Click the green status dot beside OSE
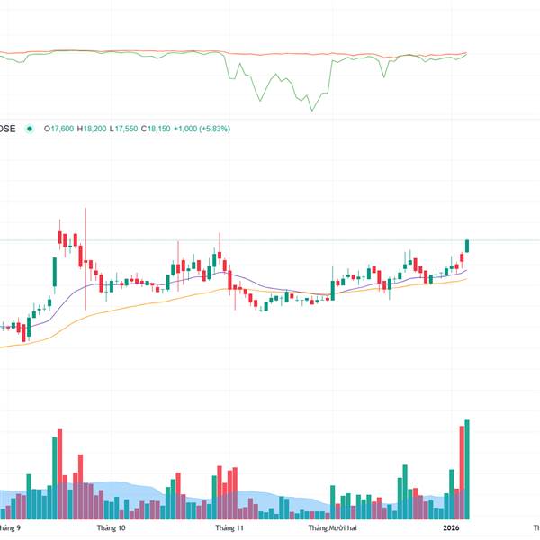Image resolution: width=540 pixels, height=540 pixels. click(30, 129)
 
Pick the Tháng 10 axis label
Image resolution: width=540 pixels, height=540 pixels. click(111, 528)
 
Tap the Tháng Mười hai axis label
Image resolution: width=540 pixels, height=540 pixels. click(334, 528)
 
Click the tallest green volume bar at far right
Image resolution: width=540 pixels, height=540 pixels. click(467, 468)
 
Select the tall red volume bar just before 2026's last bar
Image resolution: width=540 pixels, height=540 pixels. click(461, 472)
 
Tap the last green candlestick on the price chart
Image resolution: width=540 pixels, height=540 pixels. click(467, 245)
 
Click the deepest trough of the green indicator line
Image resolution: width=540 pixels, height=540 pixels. click(313, 110)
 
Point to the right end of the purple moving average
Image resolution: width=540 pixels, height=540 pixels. click(467, 270)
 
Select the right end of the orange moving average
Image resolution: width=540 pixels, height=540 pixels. click(467, 279)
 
